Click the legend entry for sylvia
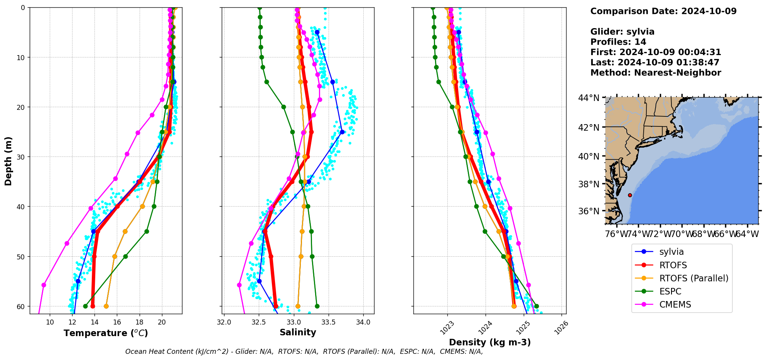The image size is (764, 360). [x=671, y=252]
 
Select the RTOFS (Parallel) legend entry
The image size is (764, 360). [x=693, y=278]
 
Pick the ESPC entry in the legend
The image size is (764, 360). [x=670, y=291]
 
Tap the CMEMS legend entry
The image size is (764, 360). [x=675, y=304]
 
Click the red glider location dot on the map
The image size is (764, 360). [x=630, y=195]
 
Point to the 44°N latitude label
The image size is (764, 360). [x=589, y=98]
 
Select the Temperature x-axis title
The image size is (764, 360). [x=106, y=333]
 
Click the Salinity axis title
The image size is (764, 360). [x=298, y=332]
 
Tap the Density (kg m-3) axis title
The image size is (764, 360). [x=490, y=342]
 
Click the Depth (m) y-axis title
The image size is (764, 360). [x=8, y=161]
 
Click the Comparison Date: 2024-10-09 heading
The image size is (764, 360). [x=663, y=11]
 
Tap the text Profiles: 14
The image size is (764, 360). [x=618, y=42]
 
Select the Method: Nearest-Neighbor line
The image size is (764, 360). [x=656, y=73]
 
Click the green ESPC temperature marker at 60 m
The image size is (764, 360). [x=85, y=306]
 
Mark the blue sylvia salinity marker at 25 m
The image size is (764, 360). [x=342, y=132]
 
